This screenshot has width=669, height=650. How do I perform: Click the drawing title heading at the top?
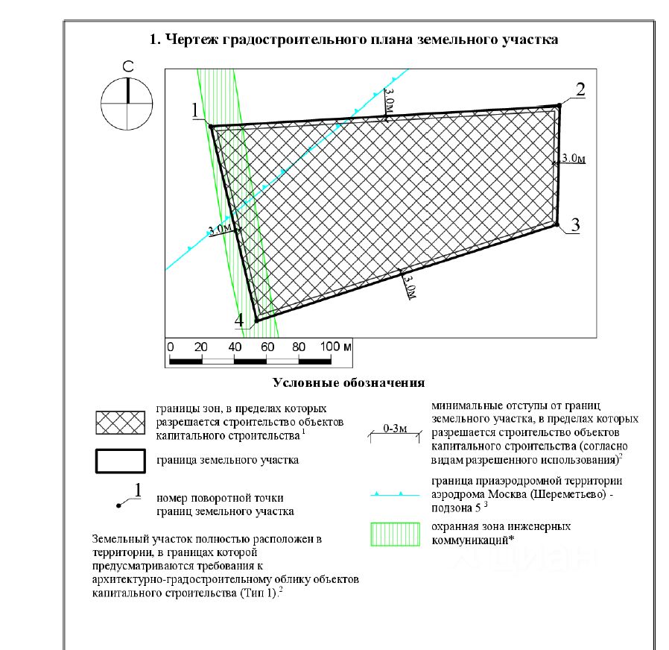coord(354,40)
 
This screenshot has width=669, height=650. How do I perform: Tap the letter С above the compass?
coord(127,68)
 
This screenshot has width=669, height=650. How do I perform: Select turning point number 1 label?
coord(195,110)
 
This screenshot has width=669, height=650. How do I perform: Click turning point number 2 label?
coord(580,89)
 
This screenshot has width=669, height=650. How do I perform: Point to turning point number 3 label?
coord(575,224)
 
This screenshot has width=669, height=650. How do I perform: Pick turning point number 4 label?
coord(239,320)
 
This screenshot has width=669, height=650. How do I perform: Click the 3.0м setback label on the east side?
coord(574,158)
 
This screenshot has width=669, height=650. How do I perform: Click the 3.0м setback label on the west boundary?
coord(221,230)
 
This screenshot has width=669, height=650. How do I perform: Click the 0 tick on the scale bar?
coord(171,347)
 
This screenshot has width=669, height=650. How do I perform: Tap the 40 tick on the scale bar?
coord(233,347)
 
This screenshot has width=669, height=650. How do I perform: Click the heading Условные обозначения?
coord(349,383)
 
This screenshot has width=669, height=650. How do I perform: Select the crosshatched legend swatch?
coord(119,423)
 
